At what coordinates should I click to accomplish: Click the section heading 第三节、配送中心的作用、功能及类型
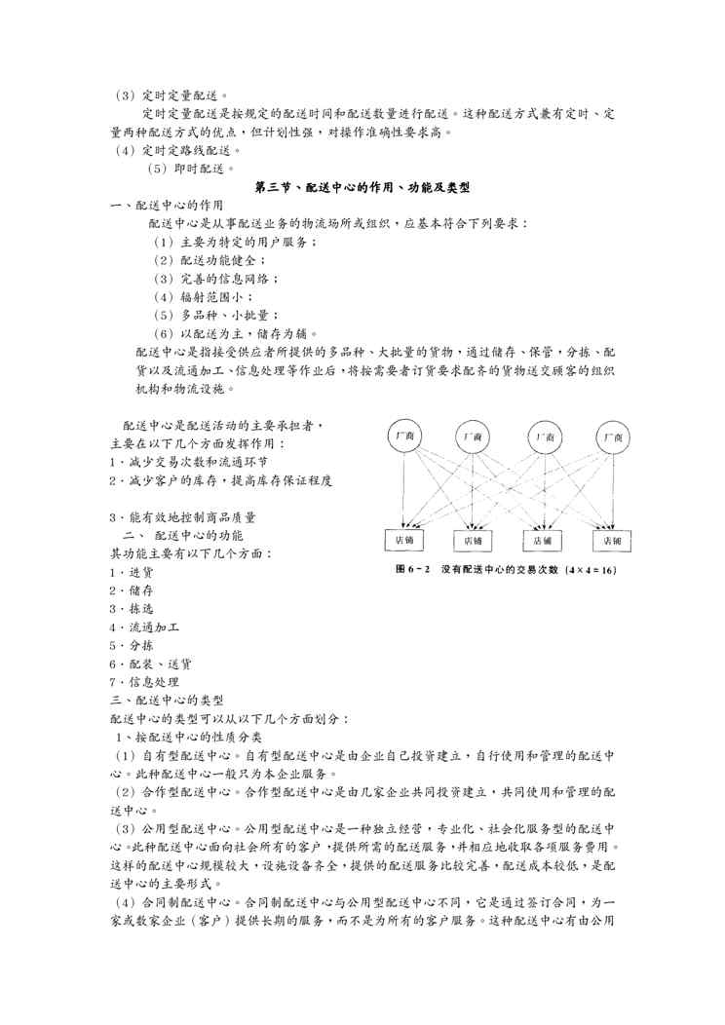click(x=362, y=186)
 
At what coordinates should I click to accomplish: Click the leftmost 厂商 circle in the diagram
click(x=404, y=437)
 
